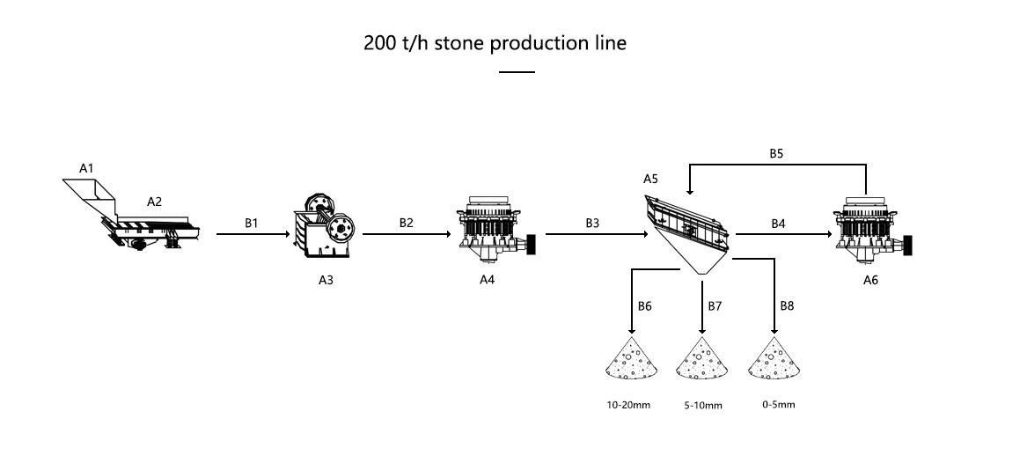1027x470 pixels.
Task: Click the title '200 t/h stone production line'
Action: click(495, 43)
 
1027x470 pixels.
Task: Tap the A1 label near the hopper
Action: click(86, 167)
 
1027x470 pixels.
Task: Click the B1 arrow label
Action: click(253, 223)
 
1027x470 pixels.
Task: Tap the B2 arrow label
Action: click(406, 223)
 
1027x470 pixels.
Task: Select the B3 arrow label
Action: click(592, 223)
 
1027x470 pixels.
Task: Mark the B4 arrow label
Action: click(778, 224)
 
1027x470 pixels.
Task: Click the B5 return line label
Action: click(775, 152)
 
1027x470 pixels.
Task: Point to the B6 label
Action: click(645, 306)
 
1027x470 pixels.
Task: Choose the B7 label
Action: click(715, 306)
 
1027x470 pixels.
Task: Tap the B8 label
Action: click(787, 306)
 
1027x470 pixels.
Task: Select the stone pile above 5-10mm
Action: click(701, 363)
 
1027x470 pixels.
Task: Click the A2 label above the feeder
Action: click(154, 202)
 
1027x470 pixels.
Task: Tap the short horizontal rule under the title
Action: click(517, 71)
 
